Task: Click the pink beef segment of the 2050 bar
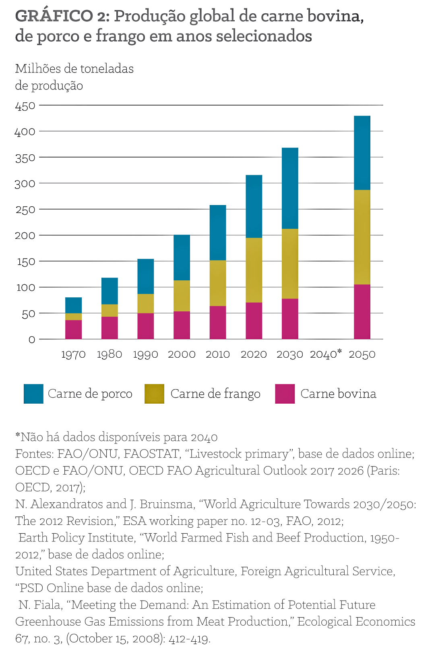click(362, 312)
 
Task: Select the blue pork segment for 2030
click(290, 188)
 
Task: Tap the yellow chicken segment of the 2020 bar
click(254, 270)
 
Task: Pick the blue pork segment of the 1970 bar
click(73, 305)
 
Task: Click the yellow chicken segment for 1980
click(110, 311)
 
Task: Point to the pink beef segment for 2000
click(182, 325)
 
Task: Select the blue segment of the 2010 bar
click(218, 233)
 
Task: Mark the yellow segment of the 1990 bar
click(145, 303)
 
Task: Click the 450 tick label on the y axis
click(25, 106)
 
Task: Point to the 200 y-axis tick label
click(25, 235)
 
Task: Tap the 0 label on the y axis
click(32, 340)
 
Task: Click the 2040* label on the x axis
click(326, 354)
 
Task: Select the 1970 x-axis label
click(73, 354)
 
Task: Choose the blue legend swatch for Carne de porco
click(33, 394)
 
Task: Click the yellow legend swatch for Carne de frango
click(154, 394)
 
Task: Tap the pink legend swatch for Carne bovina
click(285, 394)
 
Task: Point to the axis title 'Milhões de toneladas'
click(74, 69)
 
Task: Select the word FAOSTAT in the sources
click(151, 454)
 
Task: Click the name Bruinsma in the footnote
click(166, 504)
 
